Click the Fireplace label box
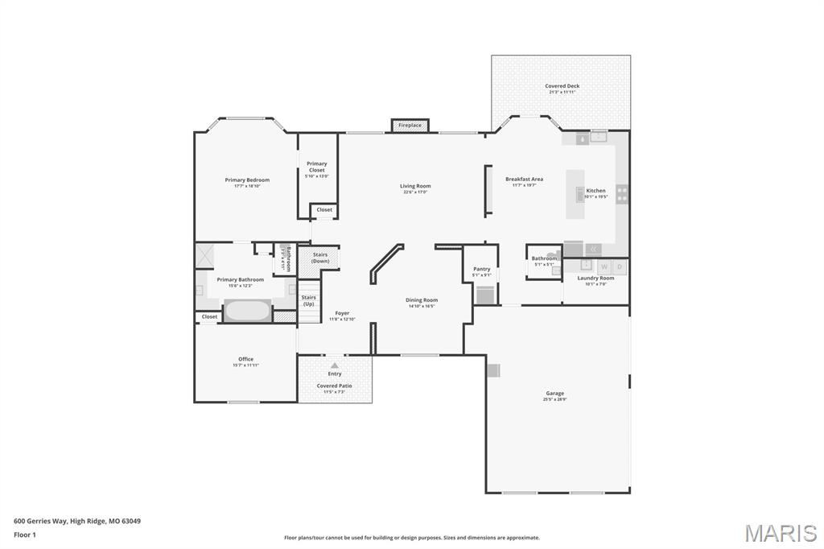pos(410,126)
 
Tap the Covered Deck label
pos(562,86)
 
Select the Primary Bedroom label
pos(247,180)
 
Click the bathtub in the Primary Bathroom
pos(248,311)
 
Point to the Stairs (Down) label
pos(320,258)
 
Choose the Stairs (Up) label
pos(309,300)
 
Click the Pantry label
pos(481,269)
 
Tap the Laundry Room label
pos(595,279)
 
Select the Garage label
pos(555,394)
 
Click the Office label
pos(245,359)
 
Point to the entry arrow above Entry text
pos(335,365)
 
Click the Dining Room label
pos(421,300)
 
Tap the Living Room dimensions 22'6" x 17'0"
pos(415,192)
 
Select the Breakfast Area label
pos(524,180)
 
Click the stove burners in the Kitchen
pos(622,194)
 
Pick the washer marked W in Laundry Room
pos(604,266)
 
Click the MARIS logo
pos(780,533)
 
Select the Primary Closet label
pos(317,167)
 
